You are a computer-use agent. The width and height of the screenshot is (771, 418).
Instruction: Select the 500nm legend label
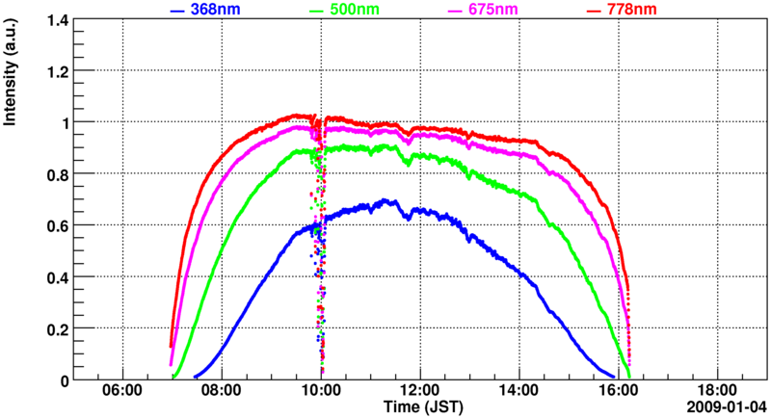pyautogui.click(x=354, y=10)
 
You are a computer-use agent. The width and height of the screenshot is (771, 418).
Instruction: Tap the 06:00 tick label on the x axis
pyautogui.click(x=122, y=393)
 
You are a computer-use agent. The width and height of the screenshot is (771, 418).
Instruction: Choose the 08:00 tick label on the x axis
pyautogui.click(x=222, y=393)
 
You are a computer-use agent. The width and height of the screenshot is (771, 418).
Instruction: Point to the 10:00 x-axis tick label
pyautogui.click(x=321, y=393)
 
